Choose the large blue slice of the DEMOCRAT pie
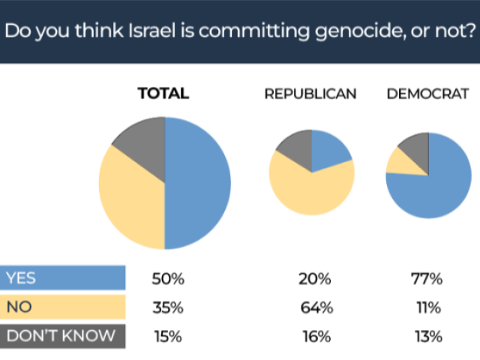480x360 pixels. coord(439,184)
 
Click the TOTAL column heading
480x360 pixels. coord(163,94)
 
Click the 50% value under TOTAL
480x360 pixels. coord(167,278)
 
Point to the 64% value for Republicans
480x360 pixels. coord(314,307)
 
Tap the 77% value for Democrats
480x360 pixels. coord(426,278)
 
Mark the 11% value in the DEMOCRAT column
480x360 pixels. coord(426,307)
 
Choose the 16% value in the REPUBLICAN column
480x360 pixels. coord(314,337)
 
